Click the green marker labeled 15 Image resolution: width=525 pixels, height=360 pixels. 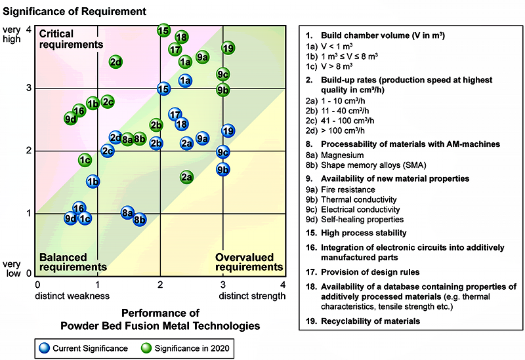163,31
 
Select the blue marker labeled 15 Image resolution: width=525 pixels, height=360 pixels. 163,89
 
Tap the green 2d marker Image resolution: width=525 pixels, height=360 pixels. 116,62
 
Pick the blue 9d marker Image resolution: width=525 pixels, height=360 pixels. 71,218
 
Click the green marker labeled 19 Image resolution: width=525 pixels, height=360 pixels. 228,48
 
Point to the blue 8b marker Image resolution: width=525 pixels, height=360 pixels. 140,220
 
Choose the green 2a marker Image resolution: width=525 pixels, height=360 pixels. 186,177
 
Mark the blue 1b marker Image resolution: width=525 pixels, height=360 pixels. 93,182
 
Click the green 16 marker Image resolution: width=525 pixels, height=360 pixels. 79,110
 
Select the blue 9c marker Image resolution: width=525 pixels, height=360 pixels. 223,153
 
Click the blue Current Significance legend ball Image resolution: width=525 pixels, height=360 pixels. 44,348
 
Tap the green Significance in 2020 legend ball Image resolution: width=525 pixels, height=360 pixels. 146,348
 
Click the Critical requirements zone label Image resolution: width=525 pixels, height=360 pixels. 71,39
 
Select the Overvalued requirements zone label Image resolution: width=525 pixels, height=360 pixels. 249,262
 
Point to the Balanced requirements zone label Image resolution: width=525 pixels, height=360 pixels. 73,262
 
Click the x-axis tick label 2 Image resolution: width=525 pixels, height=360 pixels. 160,285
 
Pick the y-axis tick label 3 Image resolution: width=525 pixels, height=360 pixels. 29,88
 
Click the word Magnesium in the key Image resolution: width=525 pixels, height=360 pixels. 342,155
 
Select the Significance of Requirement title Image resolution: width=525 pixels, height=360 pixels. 74,11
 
